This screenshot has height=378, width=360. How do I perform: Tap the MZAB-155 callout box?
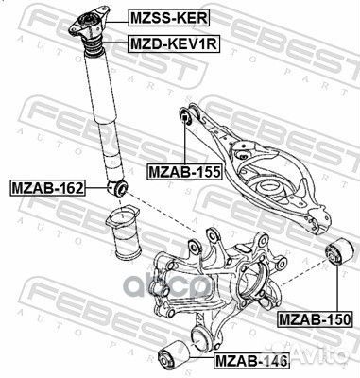[x=185, y=172]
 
